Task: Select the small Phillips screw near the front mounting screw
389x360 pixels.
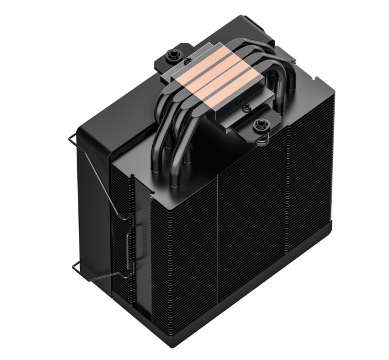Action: pos(247,107)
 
